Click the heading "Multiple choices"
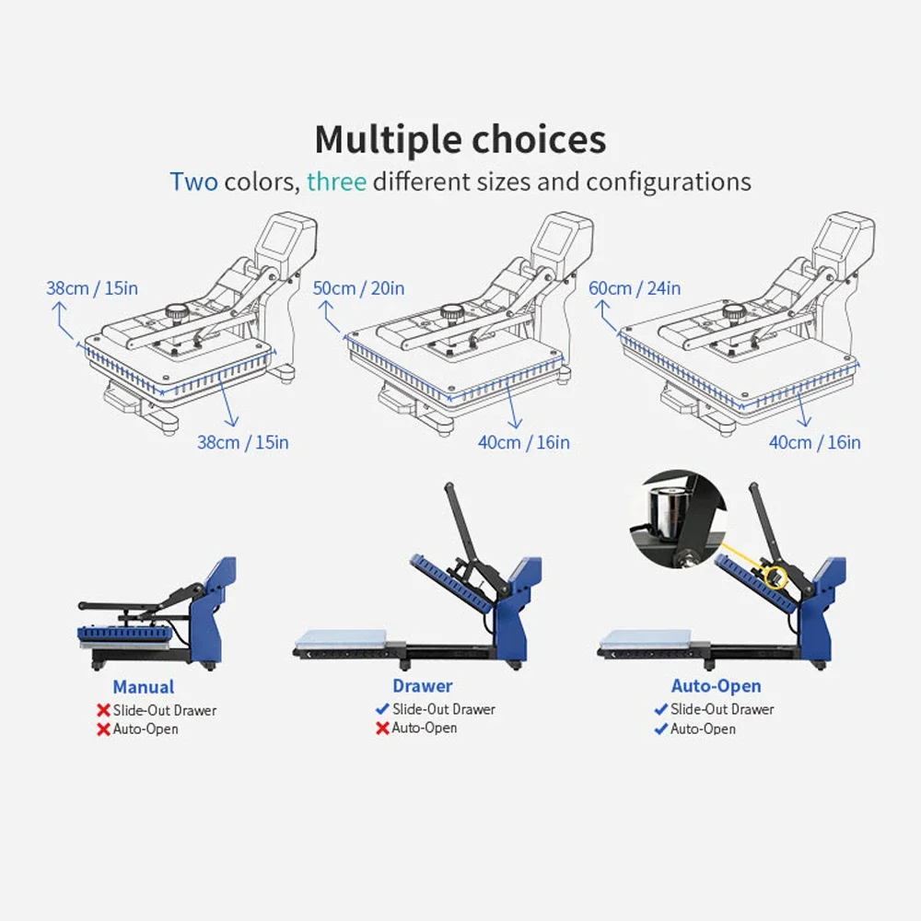(x=460, y=140)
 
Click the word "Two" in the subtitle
(x=193, y=181)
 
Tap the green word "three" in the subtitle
(x=336, y=181)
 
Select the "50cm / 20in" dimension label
(x=358, y=288)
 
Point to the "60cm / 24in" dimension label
(x=635, y=288)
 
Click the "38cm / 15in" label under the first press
(x=242, y=442)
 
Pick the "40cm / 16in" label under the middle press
(x=523, y=442)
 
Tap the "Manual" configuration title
(x=144, y=687)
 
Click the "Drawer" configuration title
(x=423, y=685)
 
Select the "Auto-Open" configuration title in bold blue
(x=716, y=685)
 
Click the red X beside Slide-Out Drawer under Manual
(x=103, y=710)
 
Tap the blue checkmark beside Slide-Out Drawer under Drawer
(x=382, y=709)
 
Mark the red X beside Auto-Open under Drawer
(x=382, y=728)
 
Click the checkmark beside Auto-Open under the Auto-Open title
(x=660, y=729)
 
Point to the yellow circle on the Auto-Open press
(x=775, y=577)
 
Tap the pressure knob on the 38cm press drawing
(x=176, y=312)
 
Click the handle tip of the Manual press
(x=82, y=606)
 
